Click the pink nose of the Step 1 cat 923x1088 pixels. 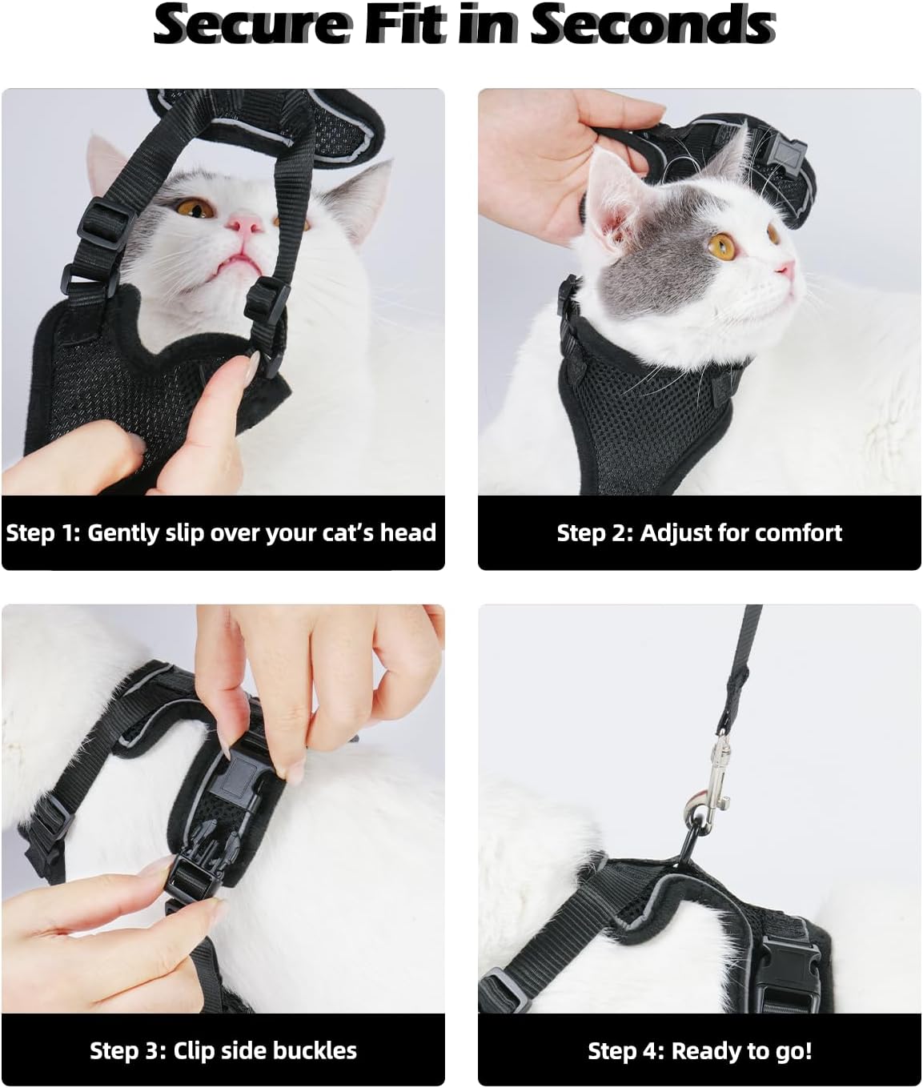coord(245,223)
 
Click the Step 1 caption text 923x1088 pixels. coord(221,533)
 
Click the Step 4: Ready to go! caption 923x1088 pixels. coord(700,1051)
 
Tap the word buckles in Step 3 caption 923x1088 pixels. coord(317,1051)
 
